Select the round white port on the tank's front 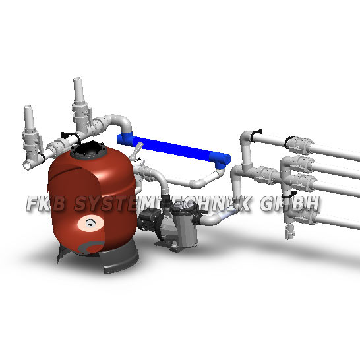point(86,225)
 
